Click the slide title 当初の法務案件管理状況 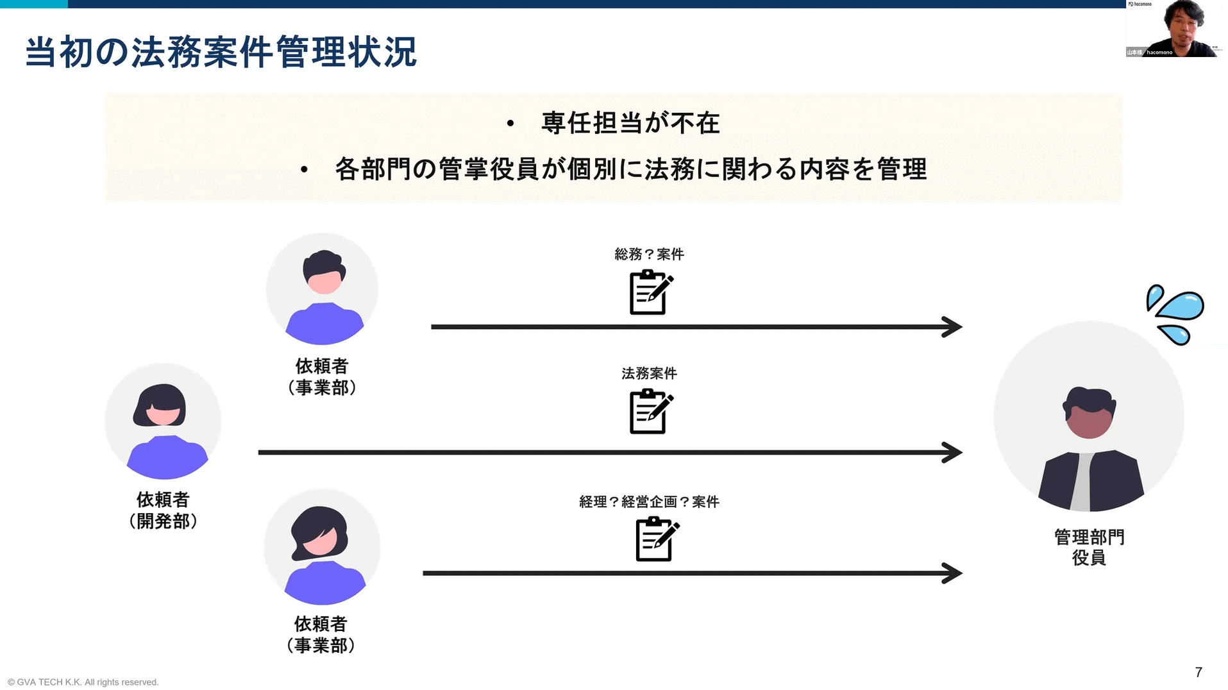221,53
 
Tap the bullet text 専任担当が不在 630,123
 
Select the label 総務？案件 649,255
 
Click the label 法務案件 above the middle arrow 649,373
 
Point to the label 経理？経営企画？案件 649,501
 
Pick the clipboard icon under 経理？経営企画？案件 656,540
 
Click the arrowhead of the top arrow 952,327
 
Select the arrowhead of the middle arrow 952,453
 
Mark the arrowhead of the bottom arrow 952,573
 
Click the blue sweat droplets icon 1175,314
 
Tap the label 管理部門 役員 1089,547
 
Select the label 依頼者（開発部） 163,510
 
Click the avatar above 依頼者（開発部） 163,421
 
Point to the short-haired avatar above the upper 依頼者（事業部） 323,289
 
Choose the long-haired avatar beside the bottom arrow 322,547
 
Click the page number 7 1198,672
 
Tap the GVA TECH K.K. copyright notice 83,682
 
